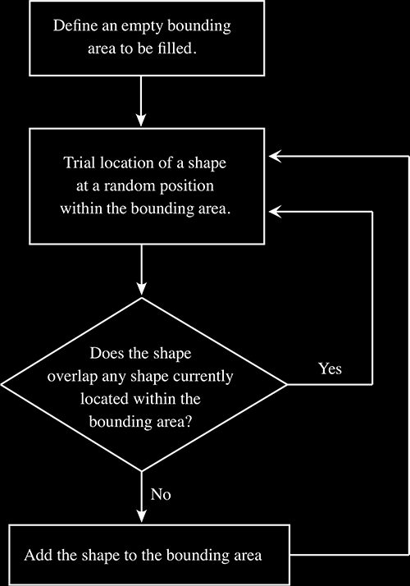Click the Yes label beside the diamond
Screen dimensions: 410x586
pos(330,369)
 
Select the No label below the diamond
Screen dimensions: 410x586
pos(161,494)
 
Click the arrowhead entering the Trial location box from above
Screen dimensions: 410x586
pos(141,121)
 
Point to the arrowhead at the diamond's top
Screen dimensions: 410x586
pos(141,289)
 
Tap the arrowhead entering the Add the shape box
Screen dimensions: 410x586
pos(141,515)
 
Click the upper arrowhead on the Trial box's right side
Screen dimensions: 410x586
pos(276,156)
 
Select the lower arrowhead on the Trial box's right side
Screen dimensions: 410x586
pos(276,212)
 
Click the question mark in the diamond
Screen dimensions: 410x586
pos(189,422)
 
